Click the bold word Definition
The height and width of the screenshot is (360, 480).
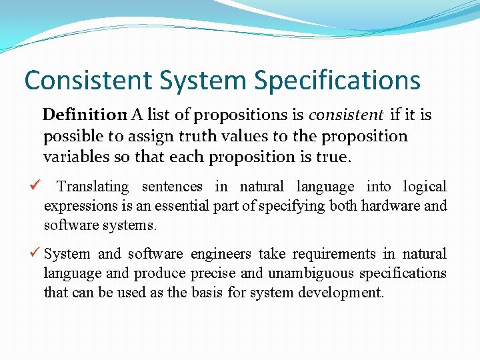pyautogui.click(x=85, y=115)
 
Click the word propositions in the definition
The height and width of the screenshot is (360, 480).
pyautogui.click(x=247, y=115)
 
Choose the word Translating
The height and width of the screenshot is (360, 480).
pyautogui.click(x=93, y=187)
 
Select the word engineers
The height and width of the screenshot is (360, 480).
pyautogui.click(x=221, y=254)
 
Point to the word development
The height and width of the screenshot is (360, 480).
pyautogui.click(x=345, y=293)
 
